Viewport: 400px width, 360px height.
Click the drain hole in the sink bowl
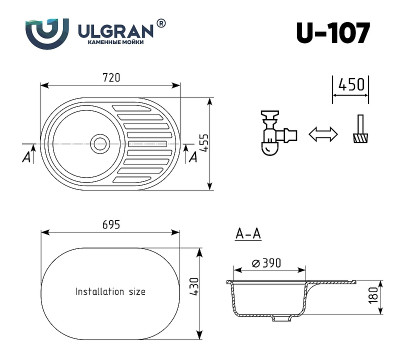tap(100, 144)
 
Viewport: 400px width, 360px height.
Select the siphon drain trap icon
tap(271, 132)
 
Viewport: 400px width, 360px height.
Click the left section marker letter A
tap(24, 157)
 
